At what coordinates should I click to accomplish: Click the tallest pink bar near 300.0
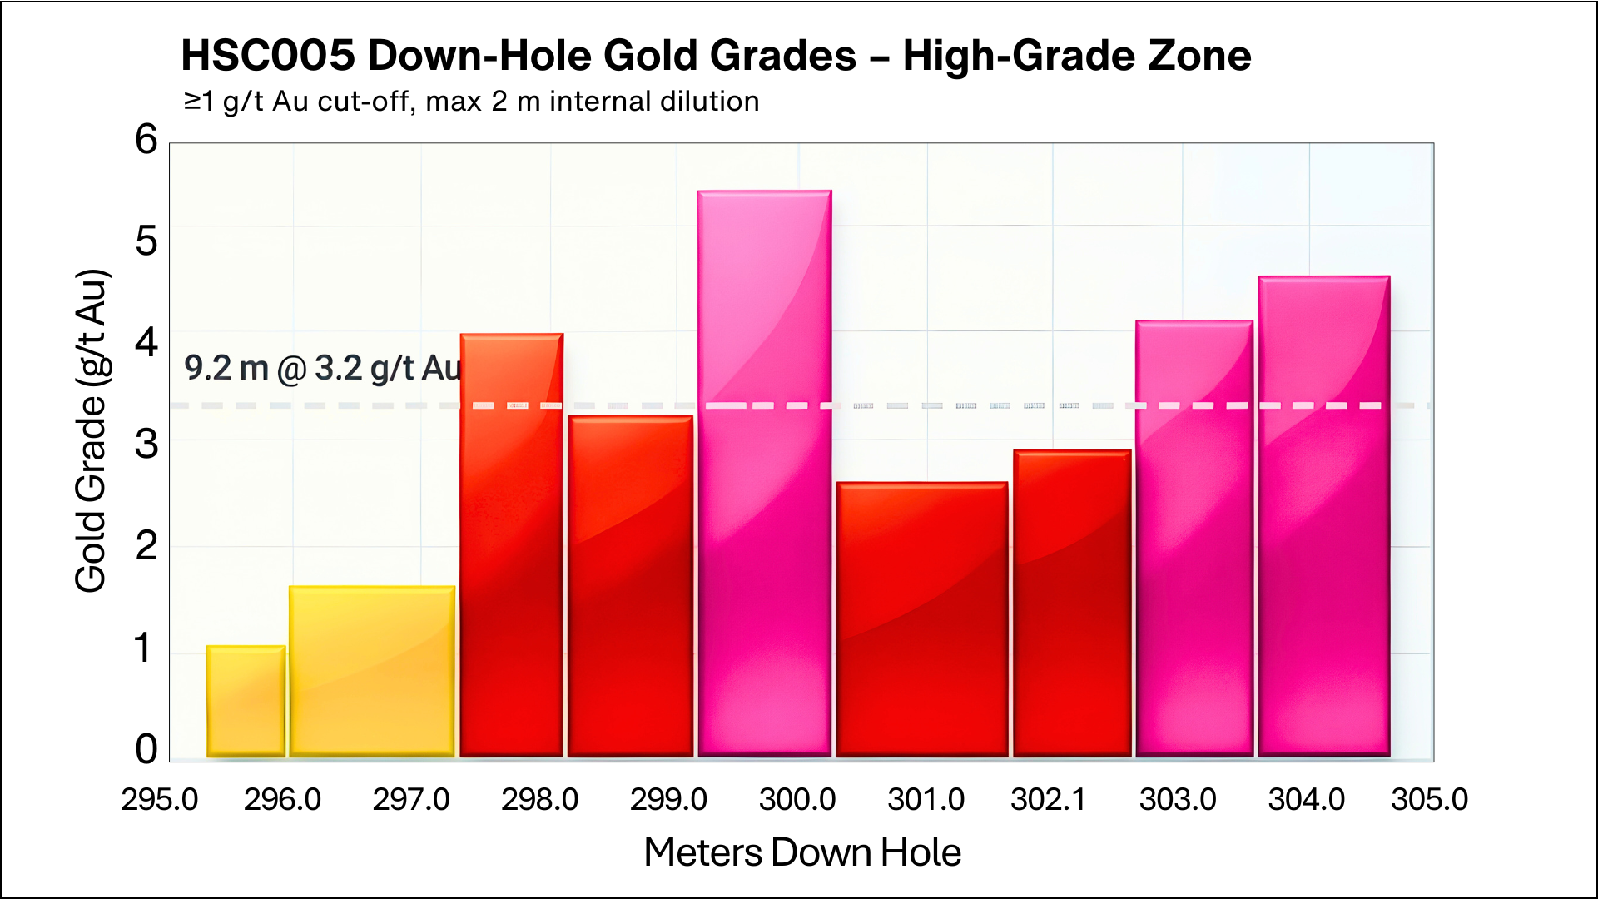[x=764, y=474]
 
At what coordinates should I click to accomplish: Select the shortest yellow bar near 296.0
[x=246, y=702]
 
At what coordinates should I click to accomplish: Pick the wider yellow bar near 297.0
[x=372, y=671]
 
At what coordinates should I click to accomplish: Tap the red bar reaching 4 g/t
[x=511, y=545]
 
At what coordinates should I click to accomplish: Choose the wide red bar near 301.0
[x=921, y=619]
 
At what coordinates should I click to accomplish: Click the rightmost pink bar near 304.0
[x=1323, y=516]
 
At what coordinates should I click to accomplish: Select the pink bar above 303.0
[x=1194, y=539]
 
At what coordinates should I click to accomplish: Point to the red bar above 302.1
[x=1072, y=603]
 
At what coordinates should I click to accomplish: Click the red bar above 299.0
[x=630, y=586]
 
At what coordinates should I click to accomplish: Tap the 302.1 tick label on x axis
[x=1048, y=800]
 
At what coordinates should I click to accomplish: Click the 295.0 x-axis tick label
[x=159, y=800]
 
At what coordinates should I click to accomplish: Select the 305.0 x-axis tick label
[x=1429, y=800]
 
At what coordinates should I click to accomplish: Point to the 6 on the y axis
[x=146, y=140]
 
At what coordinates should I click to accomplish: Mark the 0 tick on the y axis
[x=146, y=749]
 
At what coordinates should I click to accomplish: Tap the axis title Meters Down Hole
[x=802, y=852]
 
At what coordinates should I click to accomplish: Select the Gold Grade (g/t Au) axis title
[x=91, y=431]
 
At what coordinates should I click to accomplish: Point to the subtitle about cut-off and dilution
[x=471, y=102]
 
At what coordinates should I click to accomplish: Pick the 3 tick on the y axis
[x=146, y=445]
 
